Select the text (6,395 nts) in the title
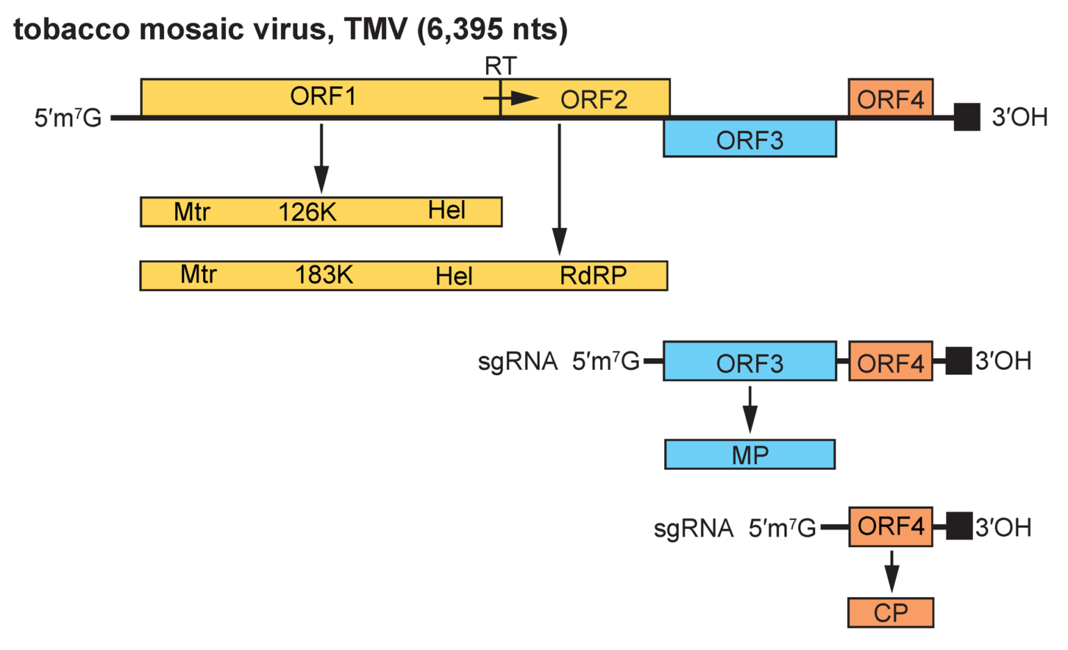pos(492,29)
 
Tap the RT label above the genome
pos(501,66)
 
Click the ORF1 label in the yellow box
pos(323,97)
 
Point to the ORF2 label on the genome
pos(594,100)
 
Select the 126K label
pos(307,212)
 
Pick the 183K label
pos(324,275)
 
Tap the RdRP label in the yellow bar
pos(593,276)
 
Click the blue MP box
pos(750,455)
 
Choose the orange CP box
pos(890,612)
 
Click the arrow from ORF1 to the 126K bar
pos(321,159)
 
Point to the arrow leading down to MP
pos(750,409)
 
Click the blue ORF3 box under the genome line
pos(750,140)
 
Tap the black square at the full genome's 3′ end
pos(966,117)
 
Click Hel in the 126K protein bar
pos(446,211)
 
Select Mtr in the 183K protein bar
pos(199,275)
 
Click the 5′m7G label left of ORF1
pos(68,118)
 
